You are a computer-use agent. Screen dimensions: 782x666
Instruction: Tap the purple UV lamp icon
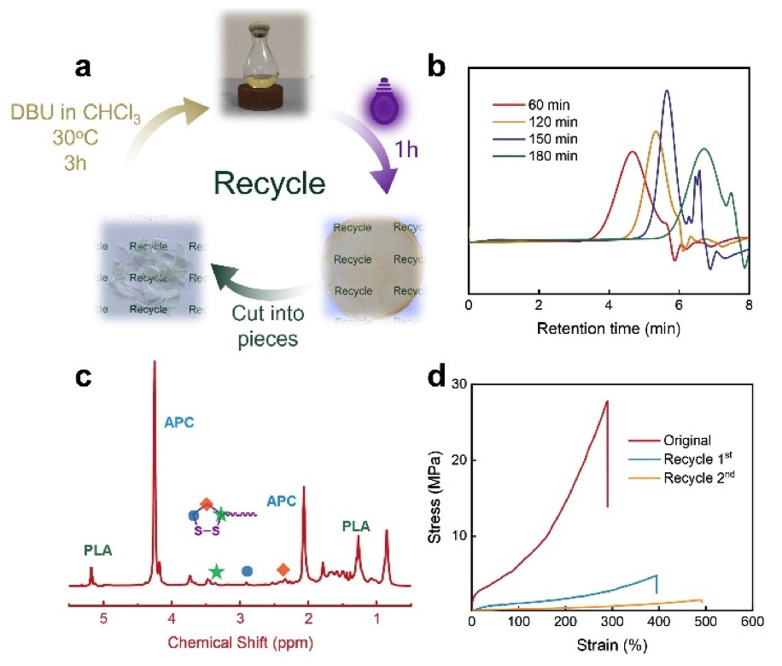pyautogui.click(x=383, y=102)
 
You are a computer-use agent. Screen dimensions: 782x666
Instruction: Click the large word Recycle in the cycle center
pyautogui.click(x=269, y=183)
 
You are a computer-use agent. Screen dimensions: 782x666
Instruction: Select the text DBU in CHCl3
pyautogui.click(x=75, y=113)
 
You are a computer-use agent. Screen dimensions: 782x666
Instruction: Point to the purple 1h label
pyautogui.click(x=406, y=149)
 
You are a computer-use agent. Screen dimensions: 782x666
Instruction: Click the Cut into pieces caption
pyautogui.click(x=268, y=326)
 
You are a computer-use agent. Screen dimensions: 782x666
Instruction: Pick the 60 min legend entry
pyautogui.click(x=531, y=105)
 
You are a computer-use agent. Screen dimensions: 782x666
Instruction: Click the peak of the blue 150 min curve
pyautogui.click(x=667, y=91)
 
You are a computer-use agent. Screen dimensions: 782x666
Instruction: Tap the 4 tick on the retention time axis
pyautogui.click(x=609, y=305)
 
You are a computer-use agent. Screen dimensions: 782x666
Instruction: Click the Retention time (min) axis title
pyautogui.click(x=609, y=328)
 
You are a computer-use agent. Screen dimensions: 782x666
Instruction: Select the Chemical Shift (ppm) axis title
pyautogui.click(x=241, y=642)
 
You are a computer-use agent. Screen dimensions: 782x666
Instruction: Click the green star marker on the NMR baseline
pyautogui.click(x=216, y=571)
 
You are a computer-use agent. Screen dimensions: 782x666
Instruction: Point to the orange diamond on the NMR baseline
pyautogui.click(x=283, y=570)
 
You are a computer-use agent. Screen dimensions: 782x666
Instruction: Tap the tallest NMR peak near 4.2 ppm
pyautogui.click(x=155, y=361)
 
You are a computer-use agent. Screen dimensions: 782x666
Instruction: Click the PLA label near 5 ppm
pyautogui.click(x=97, y=550)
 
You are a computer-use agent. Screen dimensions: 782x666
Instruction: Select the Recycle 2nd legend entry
pyautogui.click(x=681, y=477)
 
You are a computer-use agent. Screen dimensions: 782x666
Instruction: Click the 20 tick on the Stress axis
pyautogui.click(x=458, y=459)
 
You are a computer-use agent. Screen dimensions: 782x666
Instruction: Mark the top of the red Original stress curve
pyautogui.click(x=607, y=400)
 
